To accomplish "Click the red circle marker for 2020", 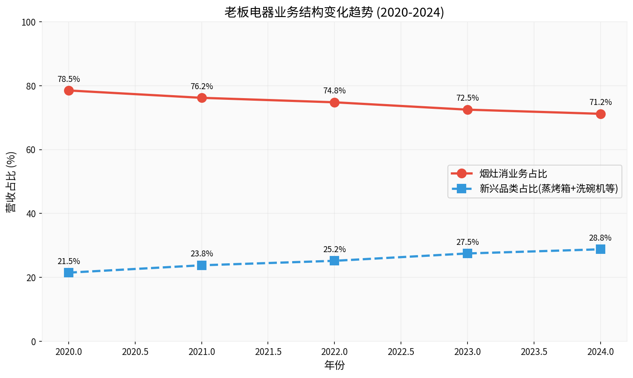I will (x=69, y=90).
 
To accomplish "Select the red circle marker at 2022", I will (x=334, y=102).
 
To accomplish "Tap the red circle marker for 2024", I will (x=601, y=114).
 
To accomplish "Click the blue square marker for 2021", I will (x=202, y=265).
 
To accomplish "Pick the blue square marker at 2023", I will (x=467, y=253).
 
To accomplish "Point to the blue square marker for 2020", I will (x=69, y=273).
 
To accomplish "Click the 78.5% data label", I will (x=69, y=79).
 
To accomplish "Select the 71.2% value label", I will (x=601, y=102).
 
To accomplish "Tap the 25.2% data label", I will (x=334, y=250).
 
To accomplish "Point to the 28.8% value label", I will (x=601, y=238).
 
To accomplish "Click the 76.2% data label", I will (x=202, y=87).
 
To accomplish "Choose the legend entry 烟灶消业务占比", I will (x=513, y=174).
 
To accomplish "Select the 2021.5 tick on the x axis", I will (x=268, y=352).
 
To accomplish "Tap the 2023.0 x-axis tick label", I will (x=467, y=352).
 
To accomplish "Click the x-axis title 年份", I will (x=334, y=366).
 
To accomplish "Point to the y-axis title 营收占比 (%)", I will (x=11, y=182).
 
